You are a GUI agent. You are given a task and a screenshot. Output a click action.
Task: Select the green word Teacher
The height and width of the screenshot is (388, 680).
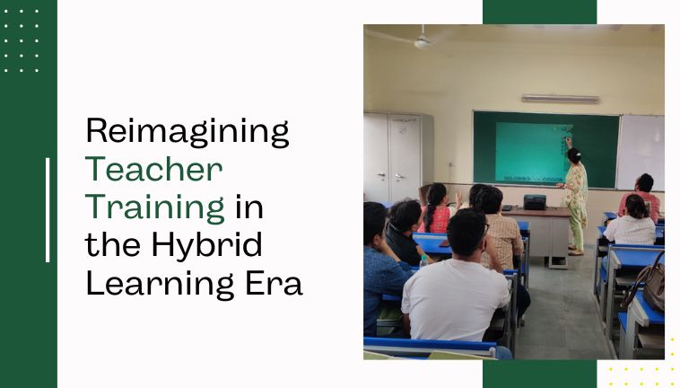(154, 169)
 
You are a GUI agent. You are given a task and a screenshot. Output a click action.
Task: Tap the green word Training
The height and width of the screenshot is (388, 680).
(155, 207)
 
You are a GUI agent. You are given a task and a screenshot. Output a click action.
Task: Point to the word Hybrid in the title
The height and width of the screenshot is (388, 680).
(206, 244)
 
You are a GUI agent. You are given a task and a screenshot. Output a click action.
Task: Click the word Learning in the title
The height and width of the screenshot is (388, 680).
(160, 283)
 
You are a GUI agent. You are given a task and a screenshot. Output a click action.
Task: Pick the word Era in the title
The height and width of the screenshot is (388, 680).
(274, 283)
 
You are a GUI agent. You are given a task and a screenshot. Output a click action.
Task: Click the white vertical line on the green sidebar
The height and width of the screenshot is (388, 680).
(48, 210)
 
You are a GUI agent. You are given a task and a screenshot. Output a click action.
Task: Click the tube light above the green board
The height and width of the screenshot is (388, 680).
(561, 99)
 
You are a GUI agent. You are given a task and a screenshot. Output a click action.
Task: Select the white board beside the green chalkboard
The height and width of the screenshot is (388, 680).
(641, 153)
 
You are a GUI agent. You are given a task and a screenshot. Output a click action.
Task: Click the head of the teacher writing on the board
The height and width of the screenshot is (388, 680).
(574, 156)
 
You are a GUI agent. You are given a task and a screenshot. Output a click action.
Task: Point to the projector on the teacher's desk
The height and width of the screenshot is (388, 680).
(535, 202)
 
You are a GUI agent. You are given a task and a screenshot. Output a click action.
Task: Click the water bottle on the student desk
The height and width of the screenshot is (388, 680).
(423, 261)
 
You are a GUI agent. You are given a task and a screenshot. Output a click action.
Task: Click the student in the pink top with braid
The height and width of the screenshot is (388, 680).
(435, 209)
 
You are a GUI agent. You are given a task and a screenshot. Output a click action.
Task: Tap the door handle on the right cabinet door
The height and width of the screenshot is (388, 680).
(399, 177)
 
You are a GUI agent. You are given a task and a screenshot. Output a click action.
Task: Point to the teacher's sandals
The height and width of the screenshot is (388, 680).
(576, 251)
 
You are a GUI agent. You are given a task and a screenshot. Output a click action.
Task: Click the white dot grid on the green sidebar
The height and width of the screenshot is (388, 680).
(22, 40)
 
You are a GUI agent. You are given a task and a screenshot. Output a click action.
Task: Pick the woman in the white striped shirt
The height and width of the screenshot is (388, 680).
(631, 221)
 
